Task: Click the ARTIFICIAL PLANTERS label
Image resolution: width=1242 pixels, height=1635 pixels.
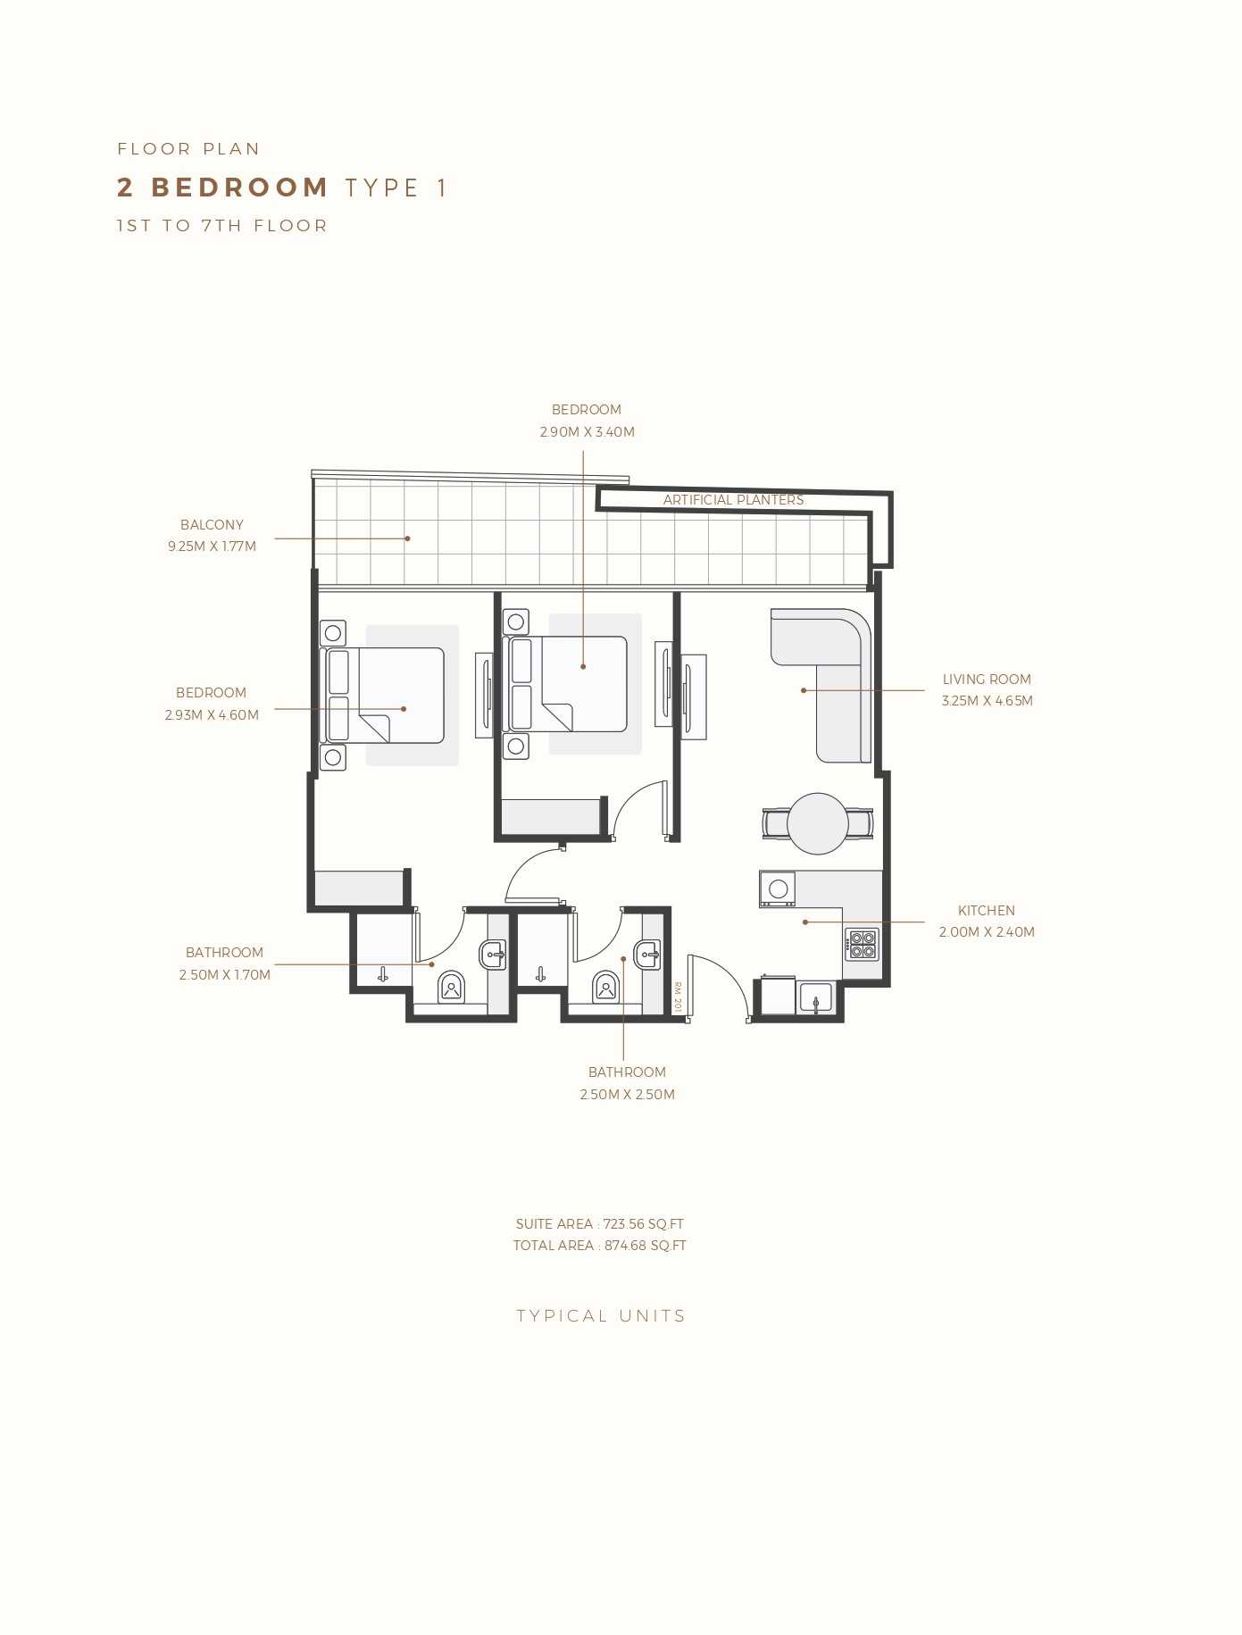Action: (x=733, y=500)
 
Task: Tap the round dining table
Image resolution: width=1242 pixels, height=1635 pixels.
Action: (x=818, y=823)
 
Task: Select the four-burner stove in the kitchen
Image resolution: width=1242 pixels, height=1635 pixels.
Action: (x=863, y=945)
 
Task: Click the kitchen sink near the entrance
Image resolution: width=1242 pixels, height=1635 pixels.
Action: (x=815, y=997)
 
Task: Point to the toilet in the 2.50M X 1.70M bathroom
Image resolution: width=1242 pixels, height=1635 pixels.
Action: (x=452, y=987)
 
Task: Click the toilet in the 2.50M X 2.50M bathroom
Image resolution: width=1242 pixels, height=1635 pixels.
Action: (x=606, y=987)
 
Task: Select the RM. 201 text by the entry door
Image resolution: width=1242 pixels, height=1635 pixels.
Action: (x=678, y=997)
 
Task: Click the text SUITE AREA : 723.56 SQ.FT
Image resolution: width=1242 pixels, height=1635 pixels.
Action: (x=600, y=1224)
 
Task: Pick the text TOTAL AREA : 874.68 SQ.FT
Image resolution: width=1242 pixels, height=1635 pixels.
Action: (x=600, y=1246)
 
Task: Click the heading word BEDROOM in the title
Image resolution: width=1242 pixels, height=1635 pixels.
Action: (x=240, y=188)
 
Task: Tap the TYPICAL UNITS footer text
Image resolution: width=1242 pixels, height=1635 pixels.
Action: (x=601, y=1316)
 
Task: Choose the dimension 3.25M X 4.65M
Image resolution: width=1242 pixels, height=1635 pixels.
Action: (x=987, y=701)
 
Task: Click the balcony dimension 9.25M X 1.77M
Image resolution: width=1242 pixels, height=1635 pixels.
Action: (x=212, y=546)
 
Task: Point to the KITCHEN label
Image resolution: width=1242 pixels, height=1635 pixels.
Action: (x=987, y=911)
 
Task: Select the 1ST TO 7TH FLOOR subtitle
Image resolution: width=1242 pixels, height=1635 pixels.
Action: (x=222, y=226)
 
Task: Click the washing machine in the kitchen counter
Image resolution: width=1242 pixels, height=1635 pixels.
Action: (x=778, y=888)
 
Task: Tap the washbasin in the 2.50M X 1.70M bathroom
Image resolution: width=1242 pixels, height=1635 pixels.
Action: (x=494, y=955)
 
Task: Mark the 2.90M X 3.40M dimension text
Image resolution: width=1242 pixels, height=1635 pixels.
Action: (x=587, y=432)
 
